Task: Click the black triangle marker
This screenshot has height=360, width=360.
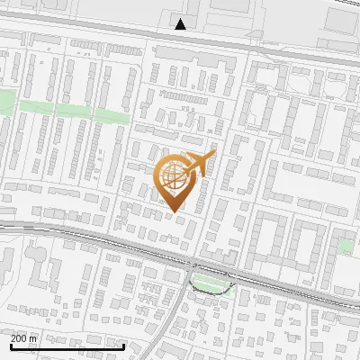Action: click(x=181, y=24)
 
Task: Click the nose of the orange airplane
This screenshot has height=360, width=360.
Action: click(x=213, y=155)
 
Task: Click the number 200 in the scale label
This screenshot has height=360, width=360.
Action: click(x=19, y=338)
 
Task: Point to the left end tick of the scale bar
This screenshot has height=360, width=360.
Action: click(x=11, y=345)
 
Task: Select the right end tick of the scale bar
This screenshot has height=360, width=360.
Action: click(x=124, y=345)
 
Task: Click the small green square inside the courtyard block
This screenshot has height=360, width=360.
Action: click(x=344, y=245)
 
